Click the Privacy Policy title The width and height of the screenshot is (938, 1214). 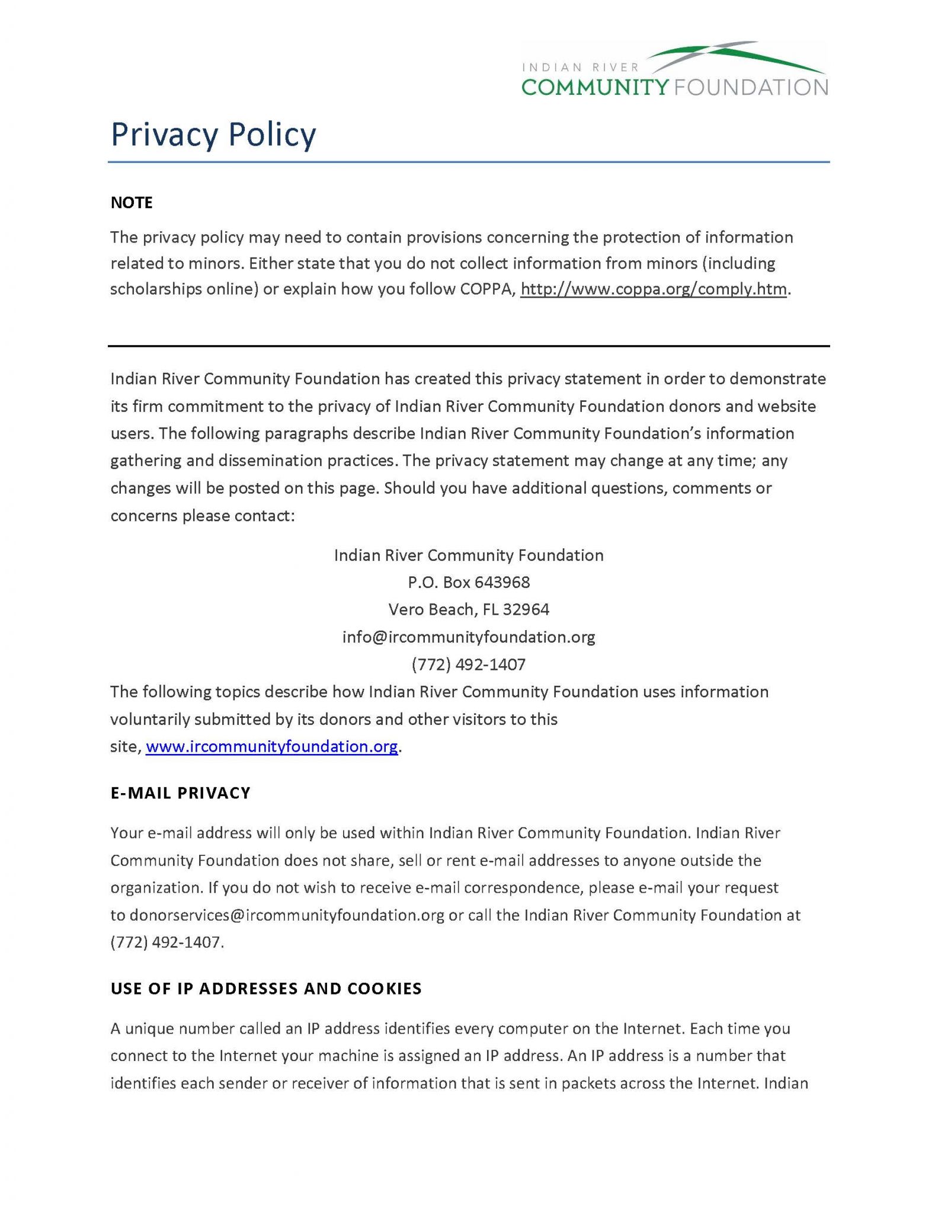[213, 135]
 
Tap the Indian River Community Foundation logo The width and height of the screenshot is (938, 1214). [674, 69]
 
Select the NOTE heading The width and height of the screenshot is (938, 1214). [132, 203]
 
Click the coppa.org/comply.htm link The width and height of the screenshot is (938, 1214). [654, 289]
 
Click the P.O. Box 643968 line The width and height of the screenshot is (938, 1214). [469, 582]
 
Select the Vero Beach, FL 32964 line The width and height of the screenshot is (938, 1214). [469, 609]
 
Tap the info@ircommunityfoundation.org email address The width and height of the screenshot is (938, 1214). [469, 637]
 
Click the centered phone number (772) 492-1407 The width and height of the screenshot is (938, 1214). [469, 664]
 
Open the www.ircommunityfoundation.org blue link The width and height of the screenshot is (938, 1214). [271, 746]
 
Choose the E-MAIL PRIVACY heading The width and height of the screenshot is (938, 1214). [181, 793]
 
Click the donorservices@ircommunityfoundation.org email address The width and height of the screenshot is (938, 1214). [287, 915]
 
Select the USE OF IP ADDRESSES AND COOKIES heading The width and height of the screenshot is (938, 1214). [266, 989]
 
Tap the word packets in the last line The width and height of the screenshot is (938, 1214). [587, 1084]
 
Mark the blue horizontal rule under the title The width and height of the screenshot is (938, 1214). [469, 162]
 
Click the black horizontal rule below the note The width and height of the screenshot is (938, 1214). [469, 346]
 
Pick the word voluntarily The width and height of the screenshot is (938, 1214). [149, 719]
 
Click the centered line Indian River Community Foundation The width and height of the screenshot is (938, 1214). [469, 555]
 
